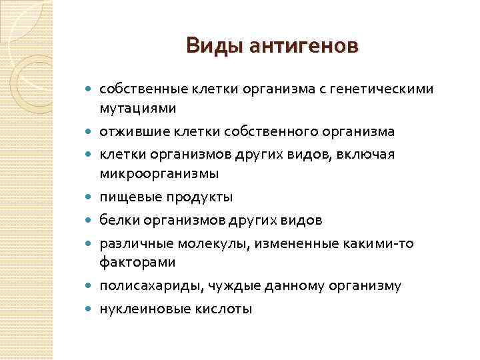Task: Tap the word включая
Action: pyautogui.click(x=373, y=155)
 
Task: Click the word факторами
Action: pyautogui.click(x=137, y=262)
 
